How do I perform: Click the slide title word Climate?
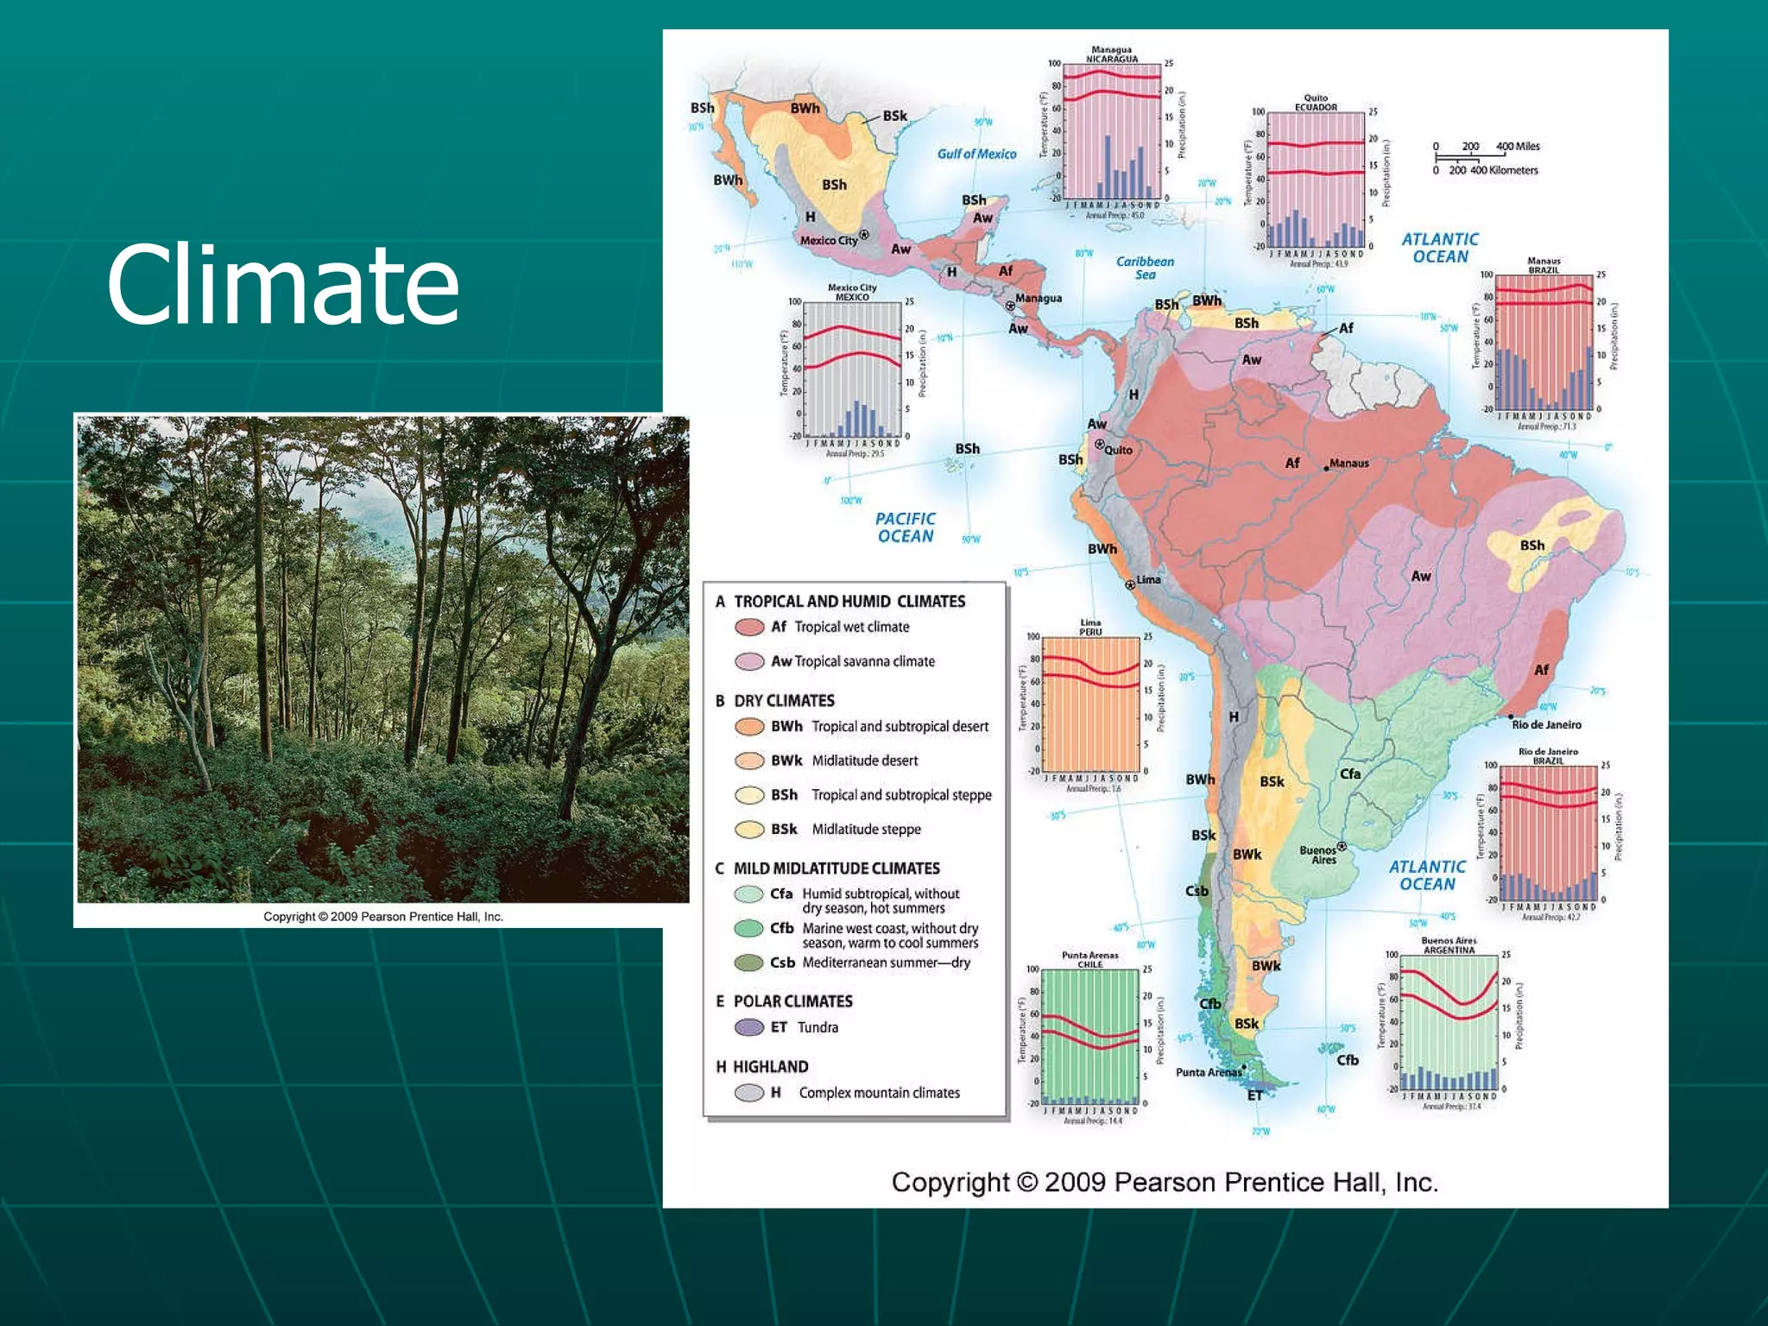(x=282, y=284)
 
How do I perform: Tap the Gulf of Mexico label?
(x=976, y=154)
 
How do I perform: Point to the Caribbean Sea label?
(x=1145, y=268)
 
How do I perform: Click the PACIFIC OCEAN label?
(x=905, y=527)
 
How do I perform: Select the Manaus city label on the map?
(x=1348, y=464)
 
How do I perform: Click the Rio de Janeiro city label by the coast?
(x=1546, y=724)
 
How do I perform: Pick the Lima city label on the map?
(x=1148, y=579)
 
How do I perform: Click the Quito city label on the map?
(x=1118, y=450)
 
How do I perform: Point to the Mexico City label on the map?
(x=829, y=240)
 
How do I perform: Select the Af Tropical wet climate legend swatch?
(x=749, y=627)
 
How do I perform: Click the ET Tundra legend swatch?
(x=749, y=1027)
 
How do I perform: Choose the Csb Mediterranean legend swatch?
(x=749, y=963)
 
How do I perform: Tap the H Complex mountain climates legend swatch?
(x=749, y=1093)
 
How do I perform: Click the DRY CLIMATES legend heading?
(x=784, y=700)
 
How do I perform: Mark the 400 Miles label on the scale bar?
(x=1517, y=147)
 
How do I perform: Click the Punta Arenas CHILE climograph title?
(x=1089, y=959)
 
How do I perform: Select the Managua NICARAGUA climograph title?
(x=1111, y=54)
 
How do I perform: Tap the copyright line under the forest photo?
(x=382, y=917)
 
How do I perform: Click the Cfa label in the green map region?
(x=1350, y=773)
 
